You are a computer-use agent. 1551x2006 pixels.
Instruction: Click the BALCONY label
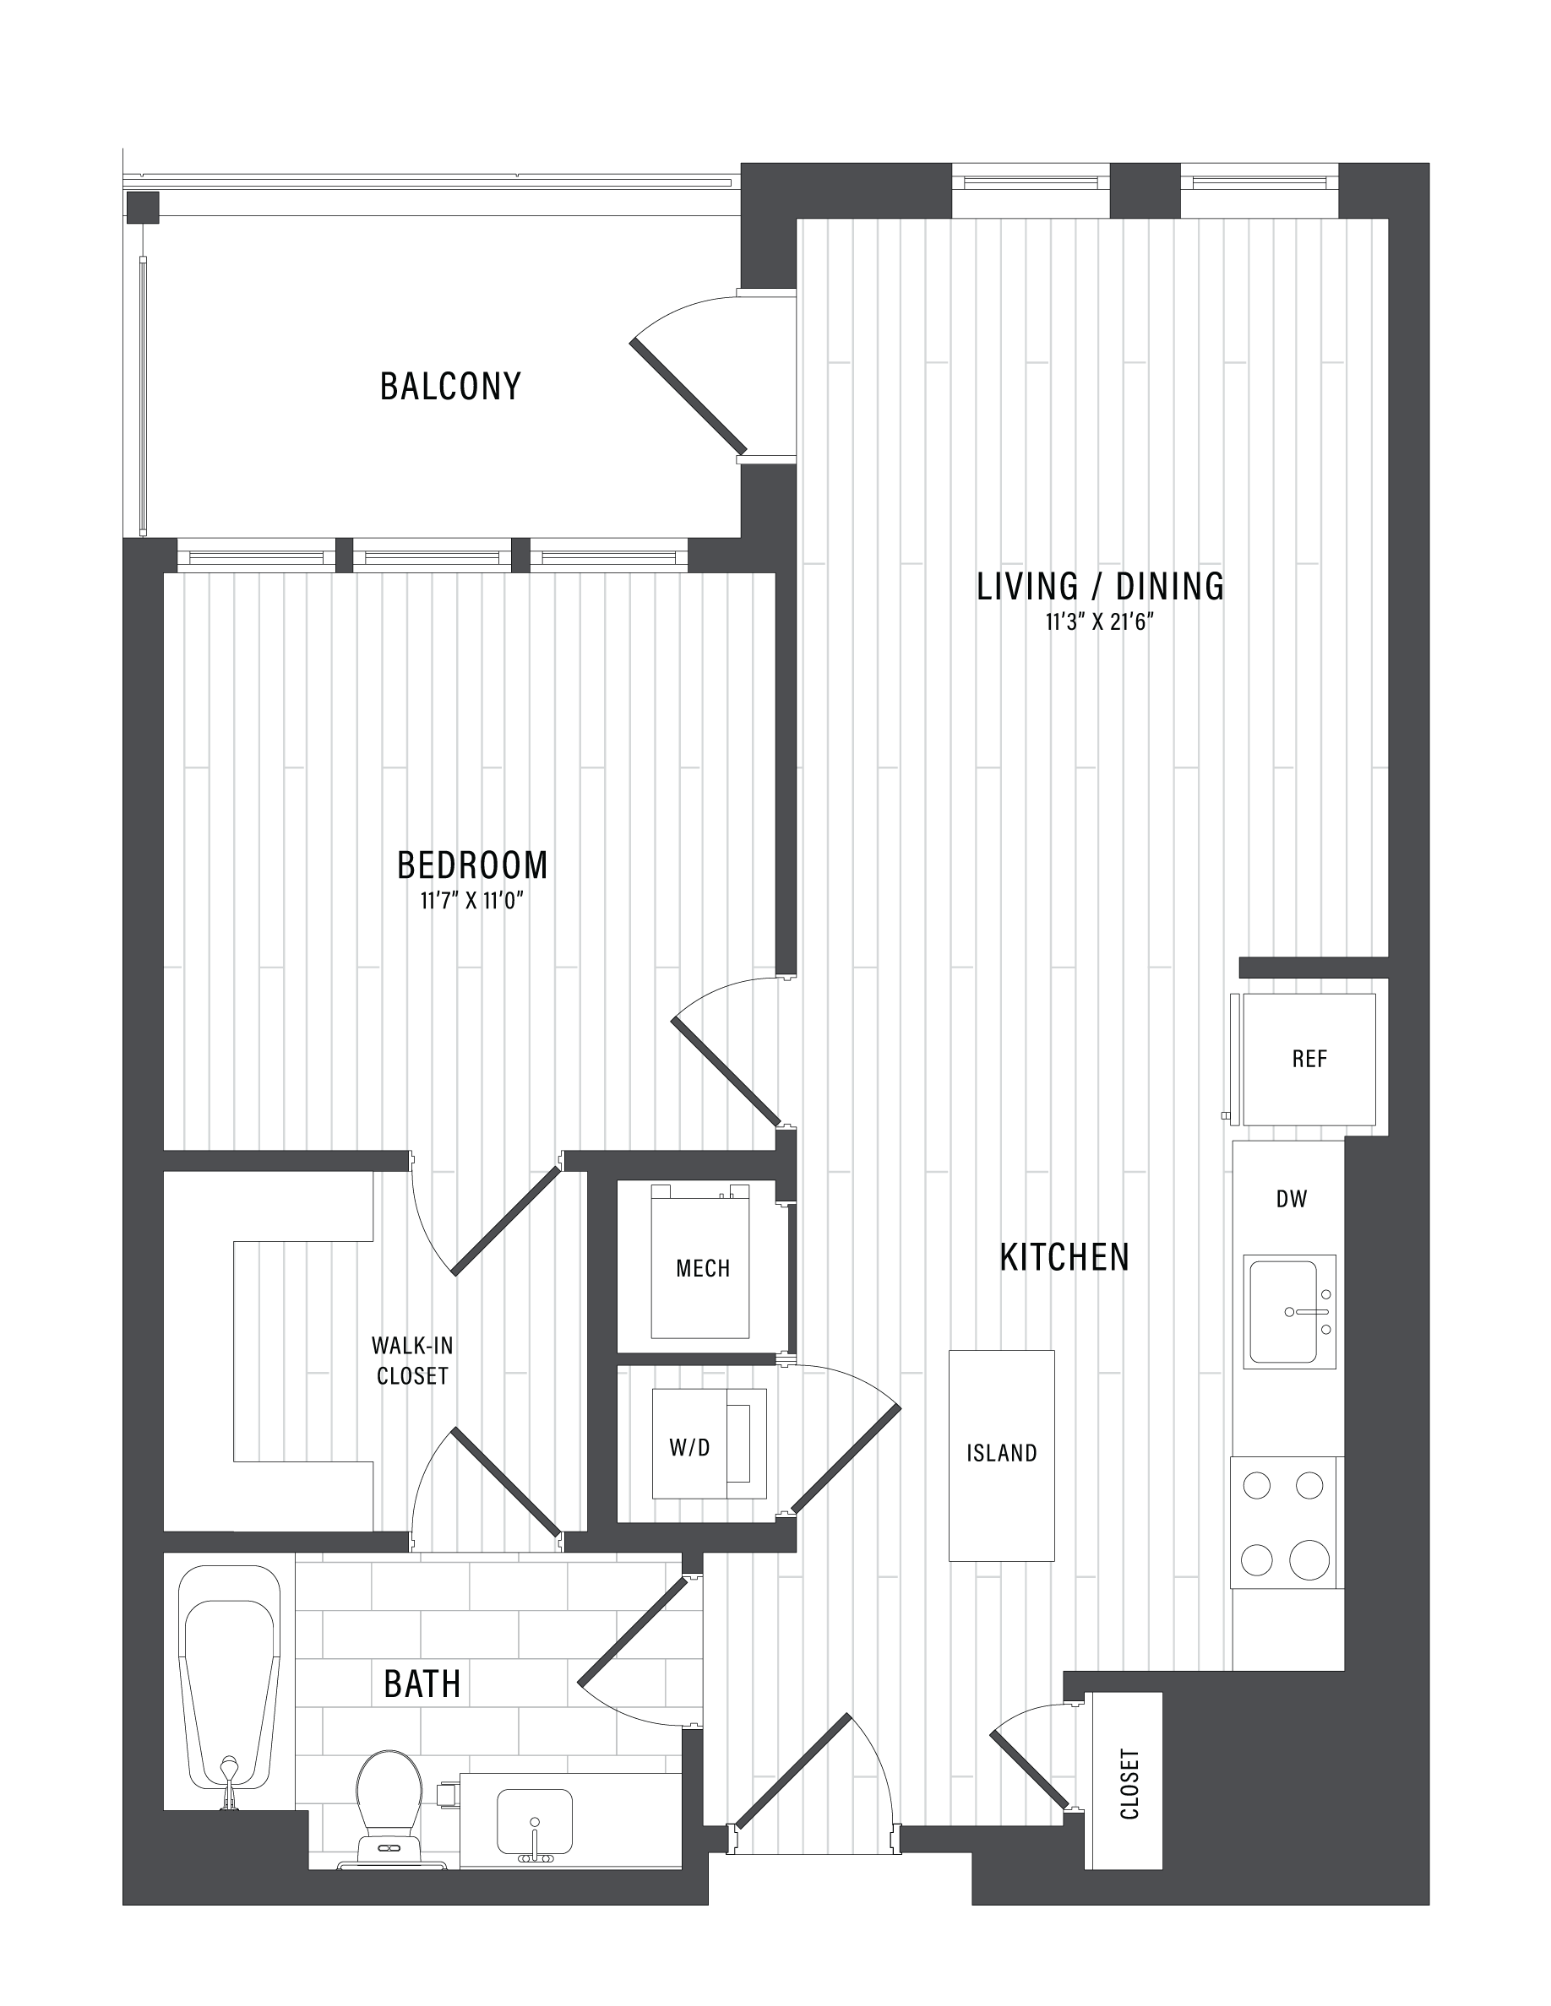point(450,386)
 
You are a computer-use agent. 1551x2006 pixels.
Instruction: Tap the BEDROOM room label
point(472,865)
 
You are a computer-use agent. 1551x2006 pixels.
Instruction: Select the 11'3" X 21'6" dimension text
point(1099,623)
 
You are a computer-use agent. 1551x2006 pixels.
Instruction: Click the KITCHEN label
point(1064,1256)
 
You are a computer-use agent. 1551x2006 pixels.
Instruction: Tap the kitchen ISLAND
point(1002,1455)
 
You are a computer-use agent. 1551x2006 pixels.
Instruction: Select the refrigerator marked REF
point(1309,1059)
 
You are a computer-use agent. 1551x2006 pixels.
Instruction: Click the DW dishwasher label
point(1291,1199)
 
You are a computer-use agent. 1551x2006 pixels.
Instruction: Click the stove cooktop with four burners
point(1287,1521)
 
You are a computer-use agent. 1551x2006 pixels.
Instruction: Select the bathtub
point(230,1687)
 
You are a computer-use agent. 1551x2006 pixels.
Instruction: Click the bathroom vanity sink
point(534,1824)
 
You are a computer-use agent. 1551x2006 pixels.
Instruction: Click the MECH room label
point(703,1268)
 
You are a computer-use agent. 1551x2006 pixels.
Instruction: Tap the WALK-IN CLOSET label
point(411,1360)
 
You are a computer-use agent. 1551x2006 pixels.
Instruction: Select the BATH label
point(422,1683)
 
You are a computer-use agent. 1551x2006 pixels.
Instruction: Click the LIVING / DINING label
point(1100,585)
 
